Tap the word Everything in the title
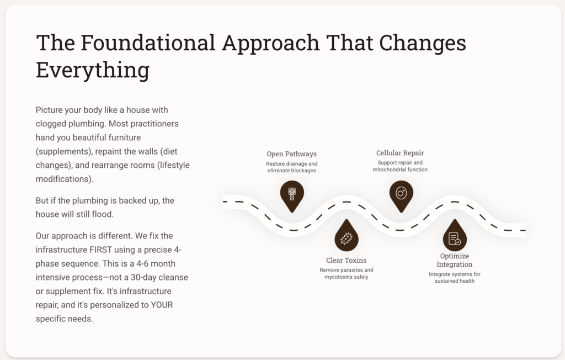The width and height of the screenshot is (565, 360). pos(93,70)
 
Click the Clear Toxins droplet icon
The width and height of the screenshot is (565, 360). pos(347,238)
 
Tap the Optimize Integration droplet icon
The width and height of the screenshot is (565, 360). pos(455,238)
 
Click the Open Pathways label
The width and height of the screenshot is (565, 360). pos(292,153)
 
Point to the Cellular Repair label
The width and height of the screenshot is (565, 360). pos(400,153)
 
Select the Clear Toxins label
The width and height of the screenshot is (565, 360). pos(347,260)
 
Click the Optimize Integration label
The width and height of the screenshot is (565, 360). pos(455,260)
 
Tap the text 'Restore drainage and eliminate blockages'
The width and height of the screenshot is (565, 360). pos(292,167)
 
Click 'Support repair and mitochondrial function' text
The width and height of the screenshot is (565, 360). pos(400,166)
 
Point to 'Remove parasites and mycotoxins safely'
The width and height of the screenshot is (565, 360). pos(347,273)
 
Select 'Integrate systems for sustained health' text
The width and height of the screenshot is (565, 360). pos(455,278)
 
